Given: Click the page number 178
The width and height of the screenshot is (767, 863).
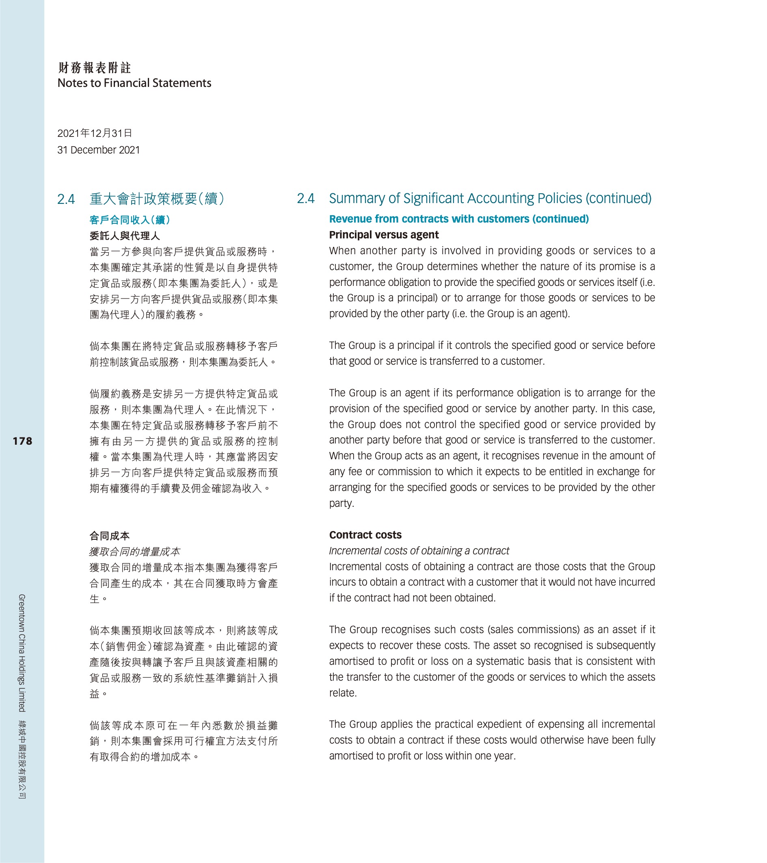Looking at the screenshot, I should tap(22, 441).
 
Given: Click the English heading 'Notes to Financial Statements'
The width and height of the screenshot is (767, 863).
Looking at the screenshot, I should tap(134, 83).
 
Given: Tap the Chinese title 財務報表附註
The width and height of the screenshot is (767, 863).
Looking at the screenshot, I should tap(95, 67).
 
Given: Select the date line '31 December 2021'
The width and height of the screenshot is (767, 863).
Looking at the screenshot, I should tap(98, 150).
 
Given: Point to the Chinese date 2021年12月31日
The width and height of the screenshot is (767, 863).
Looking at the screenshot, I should tap(95, 134).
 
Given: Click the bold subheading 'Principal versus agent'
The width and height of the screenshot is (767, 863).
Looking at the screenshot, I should tap(384, 235).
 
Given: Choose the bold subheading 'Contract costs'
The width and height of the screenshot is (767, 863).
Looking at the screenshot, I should tap(365, 535).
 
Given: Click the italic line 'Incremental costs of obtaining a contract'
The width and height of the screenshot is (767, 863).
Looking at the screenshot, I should tap(419, 551).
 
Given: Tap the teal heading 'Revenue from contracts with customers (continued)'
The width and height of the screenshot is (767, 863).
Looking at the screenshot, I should tap(459, 219).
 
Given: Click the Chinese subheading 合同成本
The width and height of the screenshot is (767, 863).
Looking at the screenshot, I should tap(109, 536).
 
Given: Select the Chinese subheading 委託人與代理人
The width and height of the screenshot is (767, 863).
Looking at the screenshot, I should tap(125, 236).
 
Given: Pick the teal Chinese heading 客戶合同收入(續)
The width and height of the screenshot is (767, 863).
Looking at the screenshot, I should tap(130, 220).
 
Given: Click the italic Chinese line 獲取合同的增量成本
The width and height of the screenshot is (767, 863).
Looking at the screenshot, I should tap(135, 552).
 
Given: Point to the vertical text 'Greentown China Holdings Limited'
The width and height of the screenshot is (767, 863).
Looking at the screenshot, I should tap(22, 652).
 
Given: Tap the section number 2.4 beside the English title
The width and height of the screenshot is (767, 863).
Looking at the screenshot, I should tap(306, 199).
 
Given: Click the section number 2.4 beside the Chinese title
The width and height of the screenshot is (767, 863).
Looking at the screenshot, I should tap(66, 199).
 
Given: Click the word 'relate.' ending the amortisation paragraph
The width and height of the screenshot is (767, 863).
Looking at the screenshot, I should tap(343, 693).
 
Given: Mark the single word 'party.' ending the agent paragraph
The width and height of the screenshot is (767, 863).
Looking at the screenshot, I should tap(341, 503).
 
